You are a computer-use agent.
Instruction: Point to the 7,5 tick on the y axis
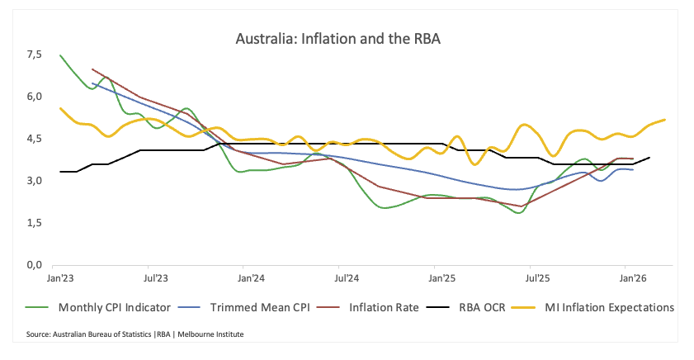[34, 54]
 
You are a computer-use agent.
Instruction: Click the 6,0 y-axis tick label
[34, 97]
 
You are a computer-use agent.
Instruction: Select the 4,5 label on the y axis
[34, 139]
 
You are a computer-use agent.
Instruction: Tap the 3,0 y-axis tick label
[34, 181]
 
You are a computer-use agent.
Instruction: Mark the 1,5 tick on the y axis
[34, 223]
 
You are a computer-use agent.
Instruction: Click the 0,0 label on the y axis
[34, 265]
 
